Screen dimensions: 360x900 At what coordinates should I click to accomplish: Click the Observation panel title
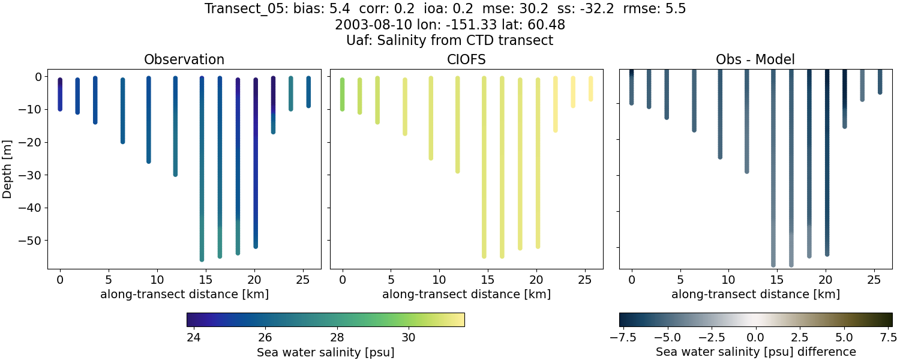click(184, 60)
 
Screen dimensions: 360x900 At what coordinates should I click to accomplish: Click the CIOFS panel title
click(467, 60)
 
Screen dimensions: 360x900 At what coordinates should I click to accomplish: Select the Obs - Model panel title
click(755, 60)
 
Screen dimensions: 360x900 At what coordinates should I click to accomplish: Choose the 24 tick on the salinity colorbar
click(193, 337)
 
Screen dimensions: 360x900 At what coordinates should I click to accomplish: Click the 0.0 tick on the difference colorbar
click(755, 337)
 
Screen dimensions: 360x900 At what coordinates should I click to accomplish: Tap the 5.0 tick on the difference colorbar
click(845, 337)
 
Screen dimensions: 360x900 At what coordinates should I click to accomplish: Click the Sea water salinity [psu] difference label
click(755, 352)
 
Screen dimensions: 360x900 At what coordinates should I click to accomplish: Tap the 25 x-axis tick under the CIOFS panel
click(586, 280)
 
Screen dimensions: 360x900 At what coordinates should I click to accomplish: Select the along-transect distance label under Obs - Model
click(755, 295)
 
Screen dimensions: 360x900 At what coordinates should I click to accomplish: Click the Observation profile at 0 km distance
click(60, 94)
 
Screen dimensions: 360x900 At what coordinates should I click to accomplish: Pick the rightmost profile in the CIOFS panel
click(591, 88)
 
